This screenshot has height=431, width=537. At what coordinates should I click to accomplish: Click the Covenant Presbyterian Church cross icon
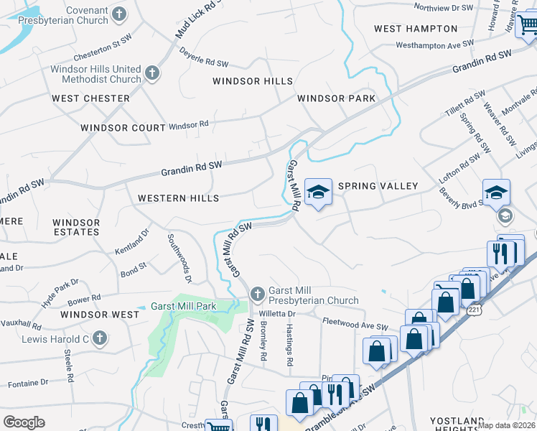click(120, 14)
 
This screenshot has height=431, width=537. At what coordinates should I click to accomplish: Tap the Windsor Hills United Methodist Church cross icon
click(151, 73)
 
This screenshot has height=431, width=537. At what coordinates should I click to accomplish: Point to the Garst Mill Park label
click(184, 306)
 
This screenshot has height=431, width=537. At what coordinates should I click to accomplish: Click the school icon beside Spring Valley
click(318, 192)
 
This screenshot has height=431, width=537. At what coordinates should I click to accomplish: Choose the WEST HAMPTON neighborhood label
click(416, 29)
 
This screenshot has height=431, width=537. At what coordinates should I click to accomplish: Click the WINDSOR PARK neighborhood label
click(337, 98)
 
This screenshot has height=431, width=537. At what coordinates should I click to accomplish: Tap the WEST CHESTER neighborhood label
click(90, 98)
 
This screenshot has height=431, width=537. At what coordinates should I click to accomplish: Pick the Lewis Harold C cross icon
click(100, 337)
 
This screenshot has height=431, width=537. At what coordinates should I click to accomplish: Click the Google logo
click(24, 422)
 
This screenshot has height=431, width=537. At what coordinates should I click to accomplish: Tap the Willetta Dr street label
click(277, 314)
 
